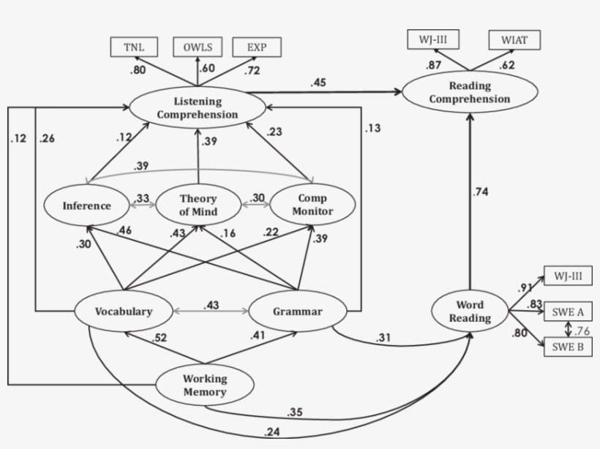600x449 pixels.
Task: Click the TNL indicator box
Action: click(x=134, y=47)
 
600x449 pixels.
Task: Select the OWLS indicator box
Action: click(x=198, y=47)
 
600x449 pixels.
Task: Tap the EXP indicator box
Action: click(x=257, y=47)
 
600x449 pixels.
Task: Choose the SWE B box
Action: click(x=569, y=347)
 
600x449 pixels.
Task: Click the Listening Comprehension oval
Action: click(x=197, y=107)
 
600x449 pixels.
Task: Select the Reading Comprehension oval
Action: click(x=470, y=91)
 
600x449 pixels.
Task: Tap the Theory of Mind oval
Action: click(x=199, y=205)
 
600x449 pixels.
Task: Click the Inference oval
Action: click(x=86, y=205)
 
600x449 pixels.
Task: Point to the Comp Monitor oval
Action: click(x=312, y=205)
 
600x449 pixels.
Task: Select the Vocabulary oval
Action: click(x=124, y=311)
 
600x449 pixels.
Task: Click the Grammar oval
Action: click(x=298, y=312)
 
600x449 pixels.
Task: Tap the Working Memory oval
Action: click(x=205, y=385)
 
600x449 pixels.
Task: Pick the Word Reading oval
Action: click(x=470, y=312)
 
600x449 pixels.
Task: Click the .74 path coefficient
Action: click(x=481, y=192)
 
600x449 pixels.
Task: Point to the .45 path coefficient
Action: click(x=318, y=83)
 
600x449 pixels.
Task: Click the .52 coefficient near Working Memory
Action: click(x=160, y=338)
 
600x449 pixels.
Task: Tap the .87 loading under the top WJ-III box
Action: click(x=435, y=66)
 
